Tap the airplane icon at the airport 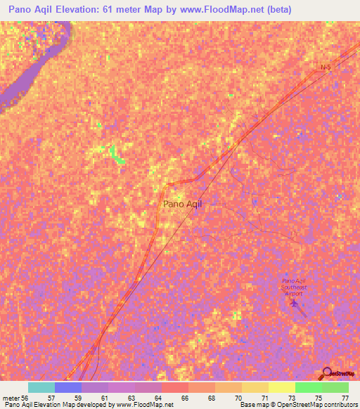(294, 304)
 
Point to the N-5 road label (325, 67)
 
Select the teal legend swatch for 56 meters (41, 387)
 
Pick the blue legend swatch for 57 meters (68, 387)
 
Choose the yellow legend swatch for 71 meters (255, 387)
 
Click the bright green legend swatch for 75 (309, 387)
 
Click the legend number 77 (345, 397)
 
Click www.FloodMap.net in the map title (215, 9)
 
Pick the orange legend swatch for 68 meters (202, 387)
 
